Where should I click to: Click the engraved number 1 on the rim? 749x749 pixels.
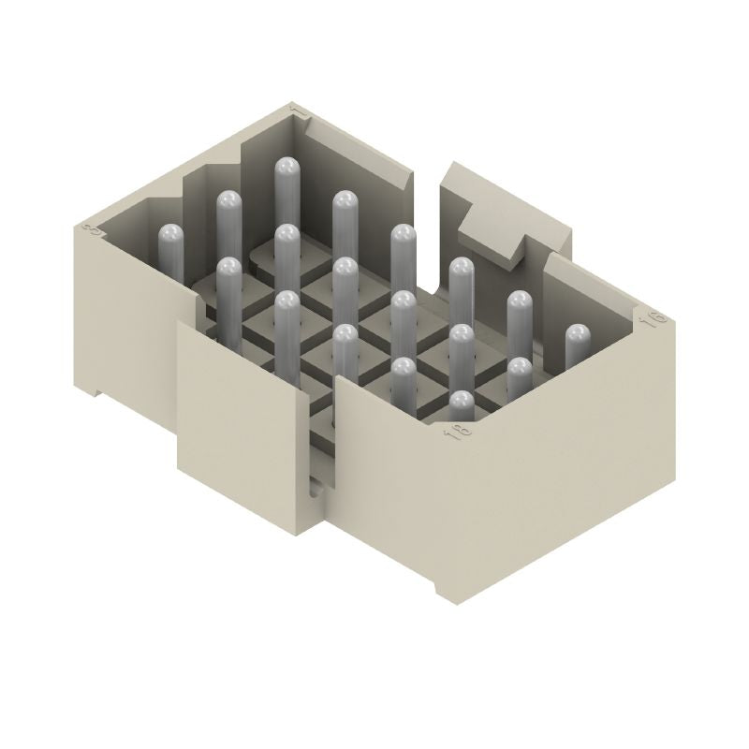pyautogui.click(x=298, y=113)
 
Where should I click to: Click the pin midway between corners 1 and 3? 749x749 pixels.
pyautogui.click(x=229, y=201)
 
